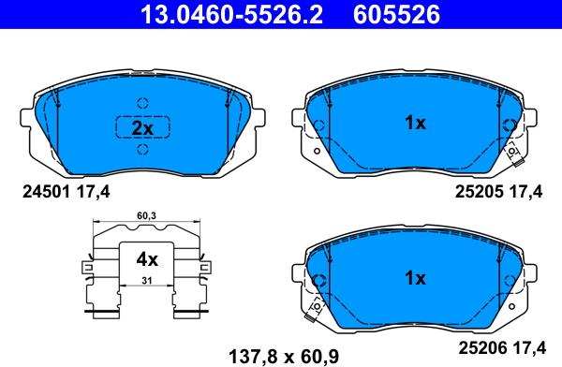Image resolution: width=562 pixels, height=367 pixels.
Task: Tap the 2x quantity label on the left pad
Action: click(142, 128)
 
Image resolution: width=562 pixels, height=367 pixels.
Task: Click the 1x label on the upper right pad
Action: click(415, 123)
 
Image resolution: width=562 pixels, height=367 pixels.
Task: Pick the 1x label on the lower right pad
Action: click(415, 278)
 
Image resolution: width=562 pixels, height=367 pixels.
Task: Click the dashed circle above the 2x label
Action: click(142, 103)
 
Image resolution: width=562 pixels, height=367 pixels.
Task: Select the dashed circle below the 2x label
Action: click(142, 153)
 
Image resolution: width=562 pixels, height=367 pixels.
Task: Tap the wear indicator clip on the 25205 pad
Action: click(513, 155)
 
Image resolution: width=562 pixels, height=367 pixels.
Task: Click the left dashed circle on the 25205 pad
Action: click(318, 124)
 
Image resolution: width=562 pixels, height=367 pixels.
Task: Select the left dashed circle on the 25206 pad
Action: click(318, 279)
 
